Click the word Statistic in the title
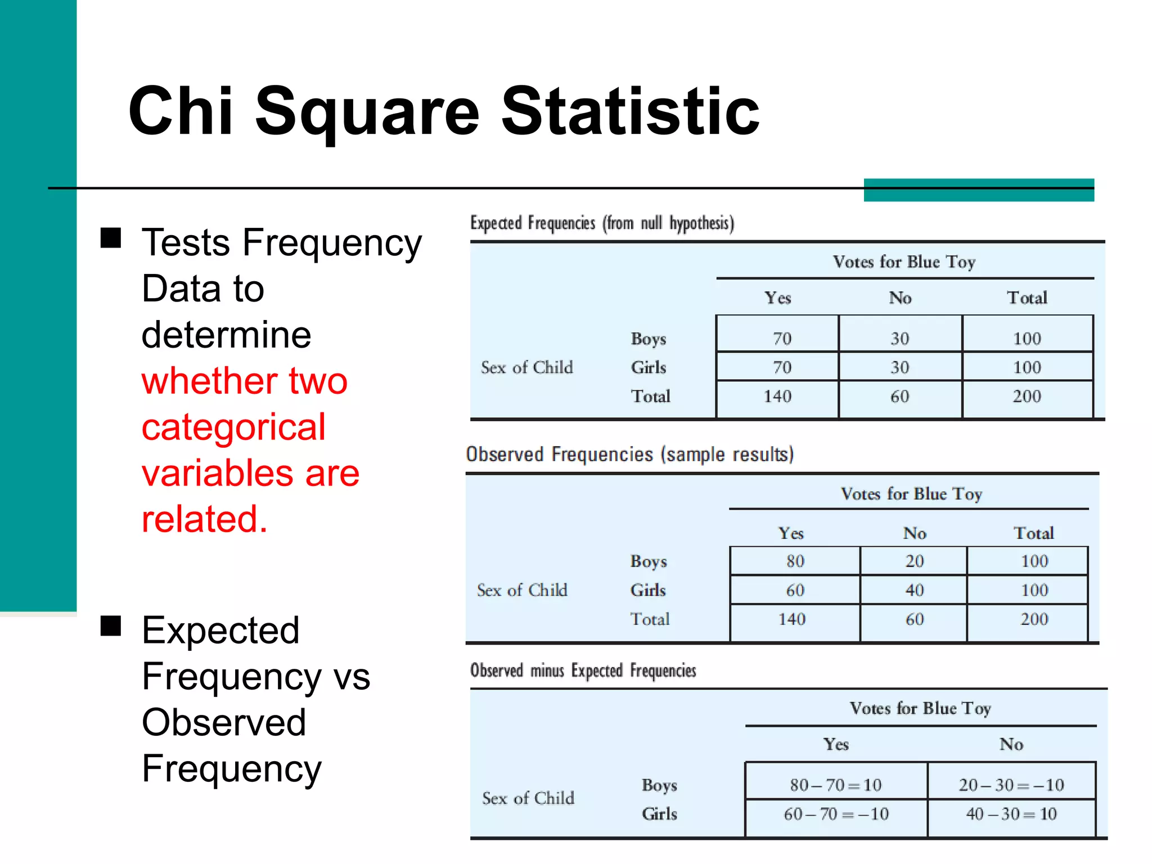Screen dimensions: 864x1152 pos(630,111)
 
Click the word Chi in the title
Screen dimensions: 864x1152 pos(180,111)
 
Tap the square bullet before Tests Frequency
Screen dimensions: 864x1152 pos(111,238)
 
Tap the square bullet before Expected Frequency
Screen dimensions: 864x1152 pos(111,625)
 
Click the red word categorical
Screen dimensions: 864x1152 pos(233,427)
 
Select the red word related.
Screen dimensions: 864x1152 pos(204,519)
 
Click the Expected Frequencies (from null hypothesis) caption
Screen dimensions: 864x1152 pos(602,223)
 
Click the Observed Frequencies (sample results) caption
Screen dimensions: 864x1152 pos(629,454)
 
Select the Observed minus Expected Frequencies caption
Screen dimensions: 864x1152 pos(583,670)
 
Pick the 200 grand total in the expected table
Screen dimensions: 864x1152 pos(1027,397)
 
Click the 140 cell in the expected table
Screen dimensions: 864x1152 pos(777,397)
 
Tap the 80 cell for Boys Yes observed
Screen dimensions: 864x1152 pos(795,561)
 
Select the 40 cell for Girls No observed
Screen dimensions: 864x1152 pos(914,590)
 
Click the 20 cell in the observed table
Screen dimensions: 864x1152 pos(914,561)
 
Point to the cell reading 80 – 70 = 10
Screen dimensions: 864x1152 pos(835,785)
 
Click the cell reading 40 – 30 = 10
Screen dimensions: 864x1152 pos(1011,814)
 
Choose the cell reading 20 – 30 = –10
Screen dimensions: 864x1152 pos(1011,785)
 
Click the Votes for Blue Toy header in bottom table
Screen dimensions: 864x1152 pos(920,708)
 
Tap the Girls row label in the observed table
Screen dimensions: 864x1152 pos(648,590)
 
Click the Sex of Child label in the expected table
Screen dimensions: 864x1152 pos(526,368)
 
